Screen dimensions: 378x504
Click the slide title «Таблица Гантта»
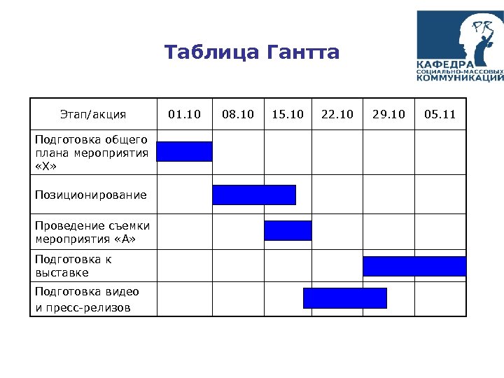click(x=252, y=52)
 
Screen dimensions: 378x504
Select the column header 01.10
click(x=184, y=114)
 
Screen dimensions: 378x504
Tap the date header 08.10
click(x=237, y=114)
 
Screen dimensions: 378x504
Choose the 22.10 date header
click(x=337, y=114)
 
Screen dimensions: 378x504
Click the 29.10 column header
click(x=388, y=114)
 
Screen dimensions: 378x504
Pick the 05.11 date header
click(x=440, y=114)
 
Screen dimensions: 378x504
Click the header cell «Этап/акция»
click(x=93, y=114)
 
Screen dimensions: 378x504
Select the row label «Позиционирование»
click(x=91, y=195)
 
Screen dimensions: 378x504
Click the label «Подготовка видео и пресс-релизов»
click(x=87, y=299)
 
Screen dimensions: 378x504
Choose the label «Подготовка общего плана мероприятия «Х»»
click(x=91, y=153)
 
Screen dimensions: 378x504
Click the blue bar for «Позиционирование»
click(x=254, y=195)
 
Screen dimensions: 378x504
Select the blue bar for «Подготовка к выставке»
click(x=414, y=266)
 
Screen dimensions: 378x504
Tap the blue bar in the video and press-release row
click(x=344, y=298)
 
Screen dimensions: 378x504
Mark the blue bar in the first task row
click(x=184, y=151)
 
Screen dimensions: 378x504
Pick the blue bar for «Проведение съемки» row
click(x=288, y=230)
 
